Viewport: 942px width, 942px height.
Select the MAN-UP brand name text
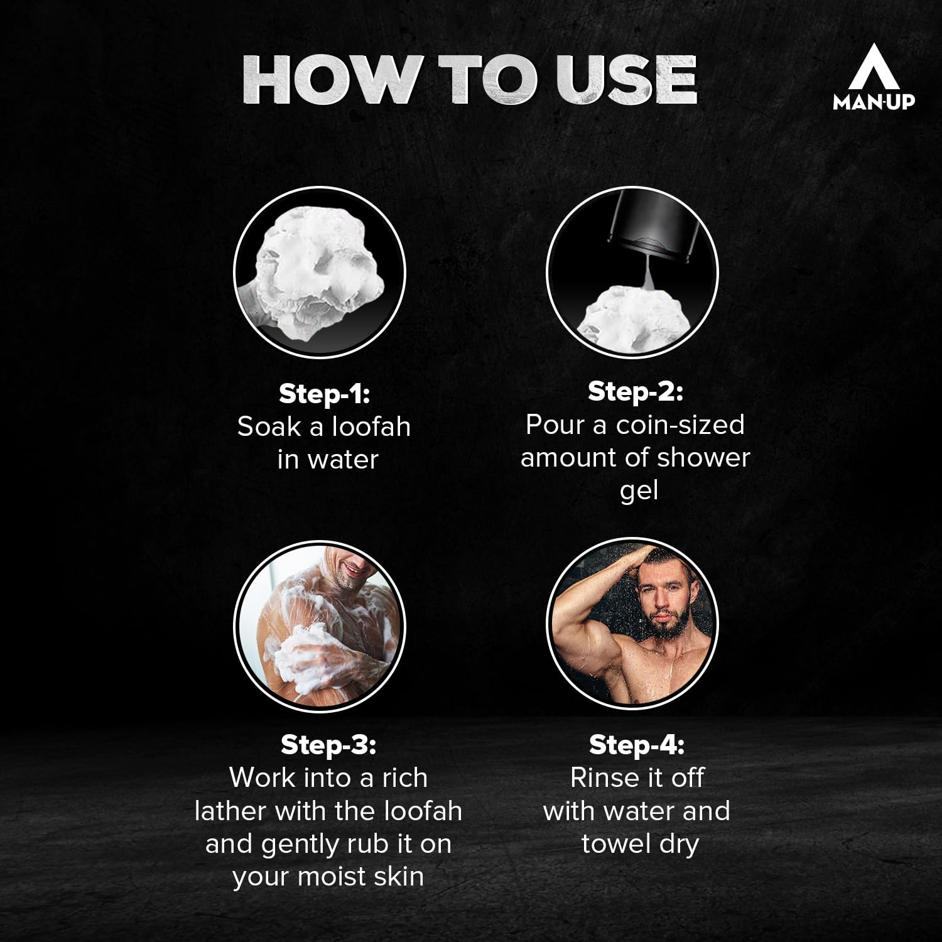(x=874, y=102)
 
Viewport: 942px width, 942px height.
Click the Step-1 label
(x=325, y=394)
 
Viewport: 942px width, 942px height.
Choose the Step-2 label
(x=635, y=391)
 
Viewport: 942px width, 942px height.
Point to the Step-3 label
(x=328, y=745)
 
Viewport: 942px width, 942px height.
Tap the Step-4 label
(x=636, y=745)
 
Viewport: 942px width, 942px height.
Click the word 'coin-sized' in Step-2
(x=680, y=425)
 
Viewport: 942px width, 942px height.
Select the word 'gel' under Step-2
(x=638, y=492)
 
